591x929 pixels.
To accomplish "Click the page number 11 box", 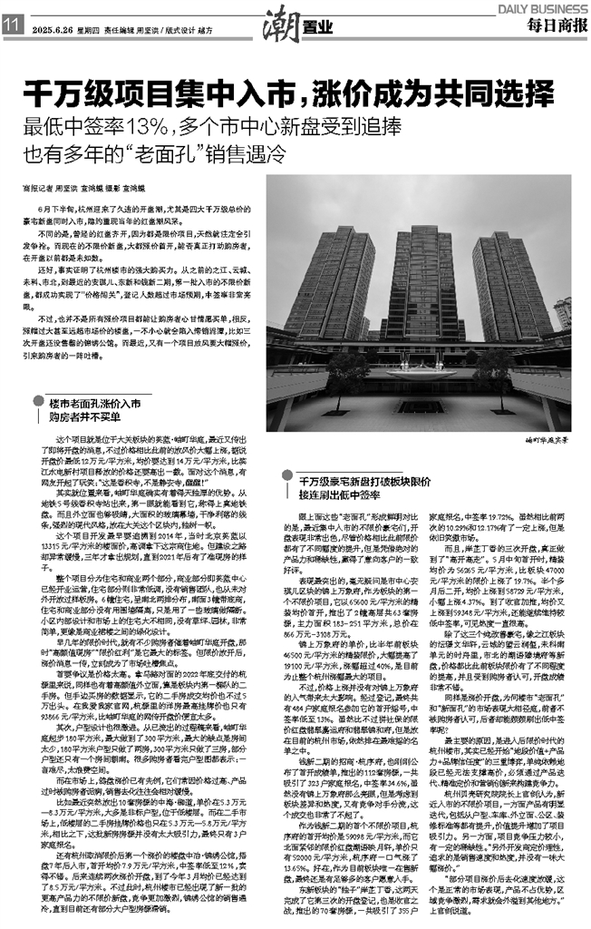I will pos(12,24).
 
